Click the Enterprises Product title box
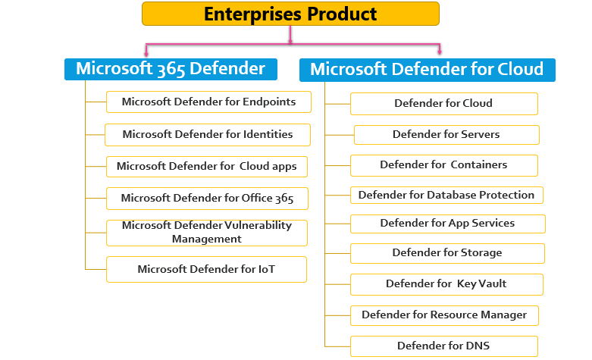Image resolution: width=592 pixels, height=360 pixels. (x=290, y=14)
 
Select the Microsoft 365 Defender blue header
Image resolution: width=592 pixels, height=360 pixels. (x=171, y=69)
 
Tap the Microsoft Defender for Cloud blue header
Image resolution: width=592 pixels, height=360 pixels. (x=428, y=70)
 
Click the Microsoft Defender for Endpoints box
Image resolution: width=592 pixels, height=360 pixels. (x=208, y=102)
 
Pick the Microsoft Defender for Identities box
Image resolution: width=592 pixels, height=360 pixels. (x=208, y=135)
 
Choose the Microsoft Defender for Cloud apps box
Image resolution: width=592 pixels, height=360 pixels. (x=207, y=166)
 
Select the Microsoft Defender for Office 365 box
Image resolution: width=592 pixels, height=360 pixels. (x=207, y=199)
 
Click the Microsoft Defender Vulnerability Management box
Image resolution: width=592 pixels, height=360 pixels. (x=207, y=232)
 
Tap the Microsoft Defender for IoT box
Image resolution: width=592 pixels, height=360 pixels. (x=206, y=269)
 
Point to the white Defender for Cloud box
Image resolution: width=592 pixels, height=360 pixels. (x=443, y=104)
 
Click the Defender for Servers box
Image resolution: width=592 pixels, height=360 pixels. (x=446, y=135)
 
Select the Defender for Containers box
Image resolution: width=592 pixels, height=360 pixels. (x=444, y=165)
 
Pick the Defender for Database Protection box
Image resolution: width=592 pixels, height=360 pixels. (x=446, y=196)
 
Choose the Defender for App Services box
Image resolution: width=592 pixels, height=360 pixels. (x=447, y=224)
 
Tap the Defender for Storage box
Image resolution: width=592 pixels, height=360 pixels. (x=447, y=253)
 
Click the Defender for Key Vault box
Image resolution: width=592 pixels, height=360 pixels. (x=446, y=284)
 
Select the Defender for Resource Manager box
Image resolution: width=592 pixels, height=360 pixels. (x=444, y=315)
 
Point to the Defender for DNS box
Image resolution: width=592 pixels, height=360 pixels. (x=444, y=346)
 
